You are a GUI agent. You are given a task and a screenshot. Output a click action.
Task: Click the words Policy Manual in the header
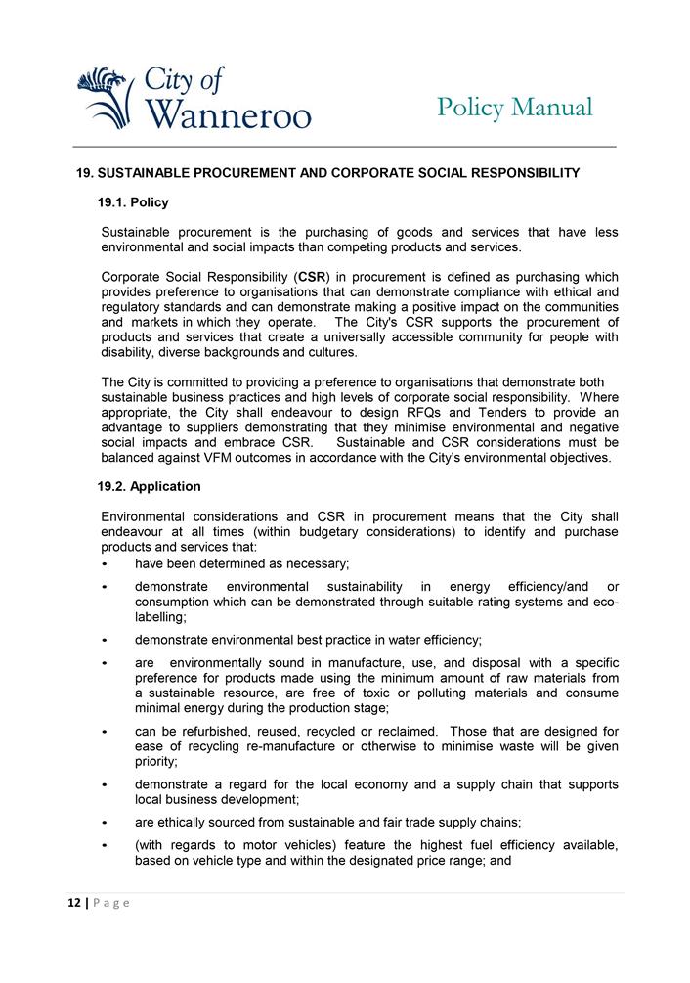pos(514,107)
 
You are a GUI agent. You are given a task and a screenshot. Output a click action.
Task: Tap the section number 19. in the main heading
pos(85,173)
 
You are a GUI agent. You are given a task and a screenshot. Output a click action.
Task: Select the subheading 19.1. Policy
pos(133,202)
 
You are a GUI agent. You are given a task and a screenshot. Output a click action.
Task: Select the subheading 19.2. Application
pos(149,486)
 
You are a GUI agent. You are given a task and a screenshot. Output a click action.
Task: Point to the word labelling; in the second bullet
pos(160,617)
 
